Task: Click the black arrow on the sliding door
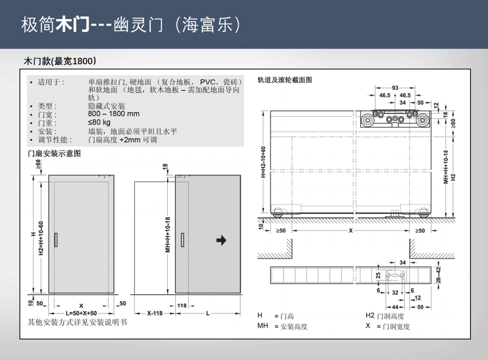(x=221, y=240)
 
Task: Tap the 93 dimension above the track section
(x=395, y=88)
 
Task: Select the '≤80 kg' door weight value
(x=99, y=122)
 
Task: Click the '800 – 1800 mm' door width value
(x=114, y=114)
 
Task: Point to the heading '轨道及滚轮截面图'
(x=285, y=80)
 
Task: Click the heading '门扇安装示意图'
(x=55, y=153)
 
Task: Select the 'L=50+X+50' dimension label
(x=81, y=313)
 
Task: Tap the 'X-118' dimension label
(x=155, y=313)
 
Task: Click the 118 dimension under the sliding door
(x=182, y=305)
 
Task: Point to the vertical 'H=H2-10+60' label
(x=264, y=162)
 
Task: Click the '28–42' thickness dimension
(x=439, y=275)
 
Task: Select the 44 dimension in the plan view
(x=395, y=307)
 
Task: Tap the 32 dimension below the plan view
(x=395, y=293)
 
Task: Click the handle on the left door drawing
(x=56, y=240)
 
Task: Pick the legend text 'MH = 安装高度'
(x=282, y=326)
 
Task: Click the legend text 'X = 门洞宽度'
(x=387, y=326)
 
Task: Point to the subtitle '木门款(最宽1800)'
(x=60, y=61)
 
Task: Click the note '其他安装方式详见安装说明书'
(x=78, y=322)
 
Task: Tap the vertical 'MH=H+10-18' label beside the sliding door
(x=168, y=235)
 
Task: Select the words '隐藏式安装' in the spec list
(x=106, y=106)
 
